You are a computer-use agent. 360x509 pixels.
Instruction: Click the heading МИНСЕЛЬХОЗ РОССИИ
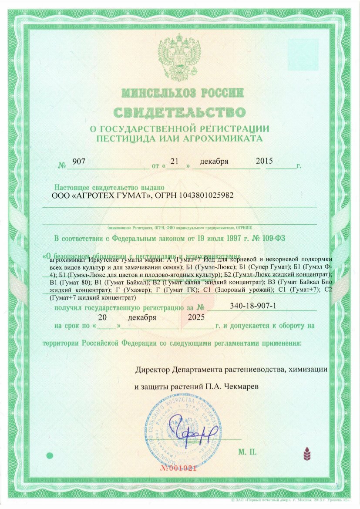click(182, 93)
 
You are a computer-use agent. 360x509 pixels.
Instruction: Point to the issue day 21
click(175, 161)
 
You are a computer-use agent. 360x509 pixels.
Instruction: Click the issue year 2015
click(264, 161)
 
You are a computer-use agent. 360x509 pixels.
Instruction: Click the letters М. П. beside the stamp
click(247, 452)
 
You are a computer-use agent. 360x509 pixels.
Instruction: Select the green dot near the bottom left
click(50, 455)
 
